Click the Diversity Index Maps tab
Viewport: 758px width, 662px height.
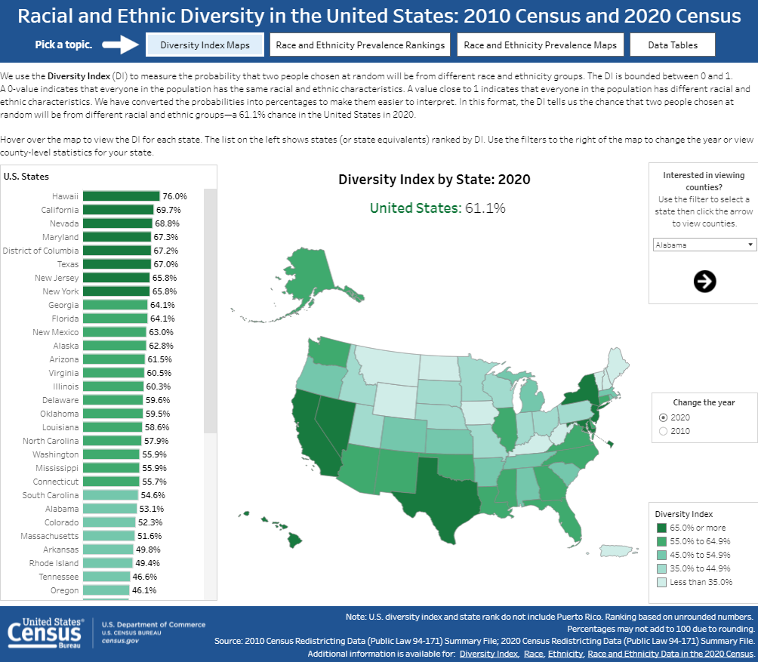(x=205, y=45)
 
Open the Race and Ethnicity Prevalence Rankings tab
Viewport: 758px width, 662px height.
(x=360, y=45)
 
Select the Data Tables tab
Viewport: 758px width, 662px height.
(x=673, y=45)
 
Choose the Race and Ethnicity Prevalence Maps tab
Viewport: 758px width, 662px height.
(x=540, y=45)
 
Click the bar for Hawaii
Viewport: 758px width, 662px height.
(x=121, y=196)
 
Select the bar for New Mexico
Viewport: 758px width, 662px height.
(x=114, y=332)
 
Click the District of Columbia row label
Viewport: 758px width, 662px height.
(x=41, y=251)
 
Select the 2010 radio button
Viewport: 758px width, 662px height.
(x=664, y=431)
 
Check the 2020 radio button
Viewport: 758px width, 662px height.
(x=664, y=417)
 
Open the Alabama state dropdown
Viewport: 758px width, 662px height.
(x=704, y=245)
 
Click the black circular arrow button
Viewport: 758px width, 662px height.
(x=704, y=282)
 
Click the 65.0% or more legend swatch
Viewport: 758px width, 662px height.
(x=661, y=528)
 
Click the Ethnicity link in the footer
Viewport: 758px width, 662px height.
(x=565, y=653)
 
